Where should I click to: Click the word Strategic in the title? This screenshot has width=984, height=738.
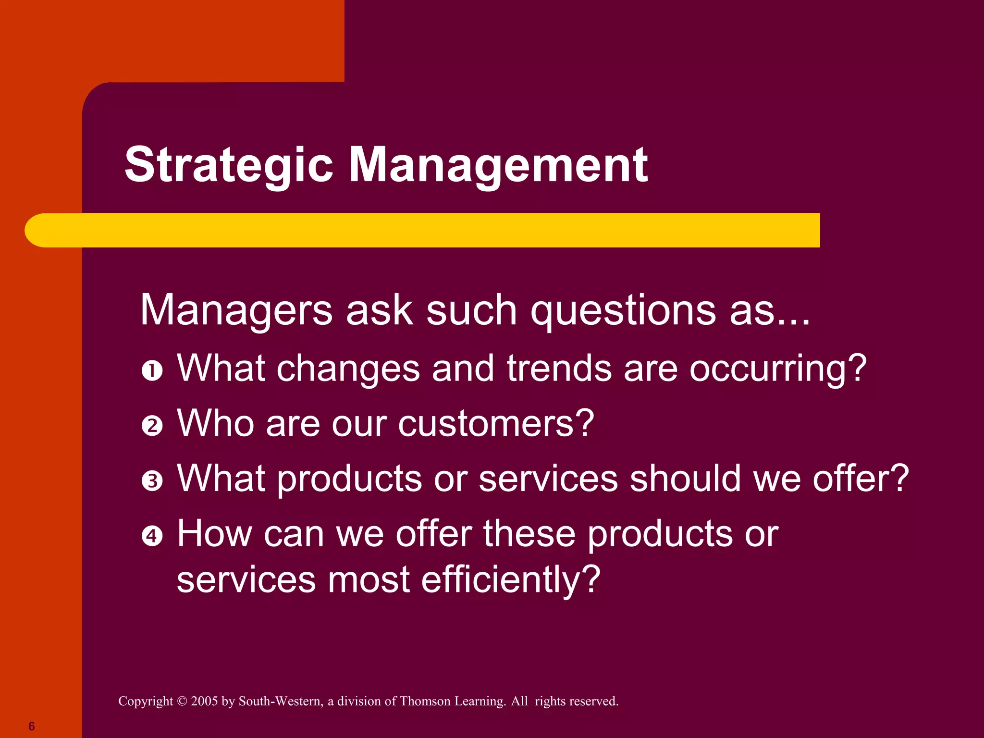tap(229, 166)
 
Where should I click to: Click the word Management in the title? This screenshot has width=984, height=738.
tap(498, 166)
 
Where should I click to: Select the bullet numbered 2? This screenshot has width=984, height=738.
tap(152, 426)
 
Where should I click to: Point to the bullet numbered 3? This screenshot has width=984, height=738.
tap(152, 481)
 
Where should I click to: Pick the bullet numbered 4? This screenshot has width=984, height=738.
tap(152, 536)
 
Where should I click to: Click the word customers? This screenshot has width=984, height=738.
tap(495, 424)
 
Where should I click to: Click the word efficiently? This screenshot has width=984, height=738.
tap(510, 580)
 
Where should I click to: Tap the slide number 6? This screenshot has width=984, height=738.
tap(32, 726)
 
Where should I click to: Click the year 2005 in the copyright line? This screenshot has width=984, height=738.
tap(204, 701)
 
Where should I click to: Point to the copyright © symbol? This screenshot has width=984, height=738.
tap(182, 701)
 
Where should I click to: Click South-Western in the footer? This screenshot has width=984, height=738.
tap(281, 701)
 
